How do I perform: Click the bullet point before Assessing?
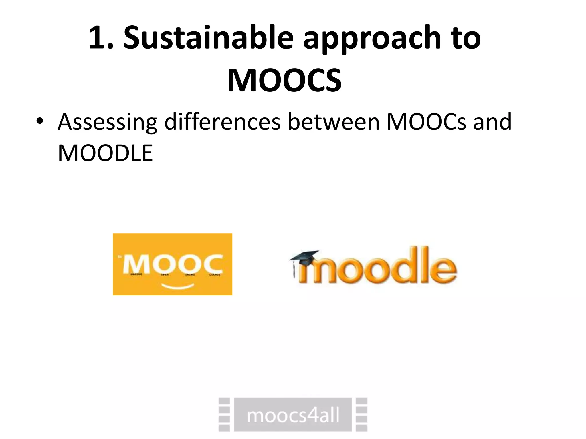pyautogui.click(x=40, y=122)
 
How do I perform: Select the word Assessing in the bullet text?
pyautogui.click(x=107, y=122)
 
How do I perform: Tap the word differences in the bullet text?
pyautogui.click(x=222, y=122)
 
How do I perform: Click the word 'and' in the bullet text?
pyautogui.click(x=492, y=122)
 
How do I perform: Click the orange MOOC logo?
pyautogui.click(x=173, y=264)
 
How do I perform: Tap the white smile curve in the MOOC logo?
pyautogui.click(x=178, y=286)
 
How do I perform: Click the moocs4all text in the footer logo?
pyautogui.click(x=293, y=415)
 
